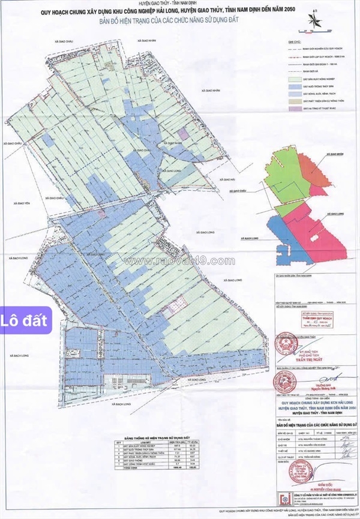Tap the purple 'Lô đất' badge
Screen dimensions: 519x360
click(26, 320)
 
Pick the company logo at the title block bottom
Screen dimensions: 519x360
click(281, 497)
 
